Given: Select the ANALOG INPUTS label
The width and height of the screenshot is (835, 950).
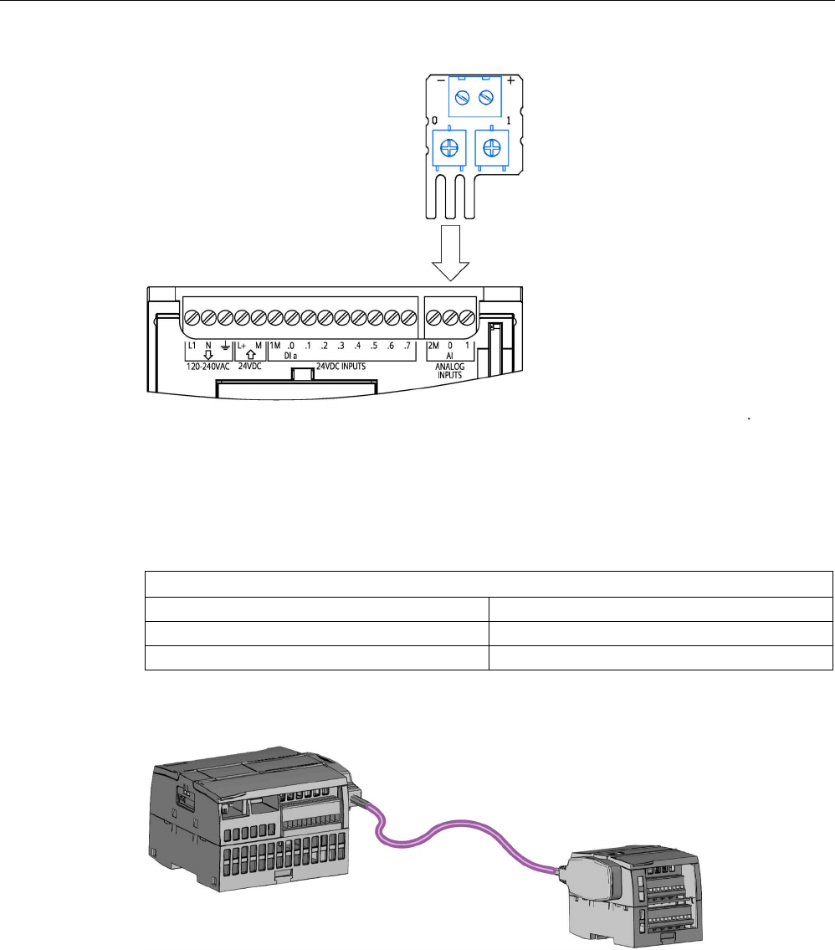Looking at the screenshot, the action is coord(450,370).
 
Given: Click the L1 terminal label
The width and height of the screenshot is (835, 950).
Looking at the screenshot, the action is coord(192,346).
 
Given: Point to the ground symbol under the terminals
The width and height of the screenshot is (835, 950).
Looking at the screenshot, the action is coord(223,347).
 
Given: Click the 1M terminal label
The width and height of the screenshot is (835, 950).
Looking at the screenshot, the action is coord(275,346).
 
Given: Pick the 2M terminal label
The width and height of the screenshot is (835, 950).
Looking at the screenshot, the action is coord(433,346).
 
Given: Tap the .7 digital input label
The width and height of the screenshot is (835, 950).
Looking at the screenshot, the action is coord(407,346).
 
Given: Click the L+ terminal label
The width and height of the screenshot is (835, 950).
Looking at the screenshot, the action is coord(242,346).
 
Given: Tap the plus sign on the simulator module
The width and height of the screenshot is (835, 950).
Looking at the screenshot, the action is coord(510,82).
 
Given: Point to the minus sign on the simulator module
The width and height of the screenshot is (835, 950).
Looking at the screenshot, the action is coord(441,82).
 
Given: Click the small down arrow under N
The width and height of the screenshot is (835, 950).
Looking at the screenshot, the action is coord(207,355).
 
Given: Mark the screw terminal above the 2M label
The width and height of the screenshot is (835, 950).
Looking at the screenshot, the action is coord(433,319).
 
